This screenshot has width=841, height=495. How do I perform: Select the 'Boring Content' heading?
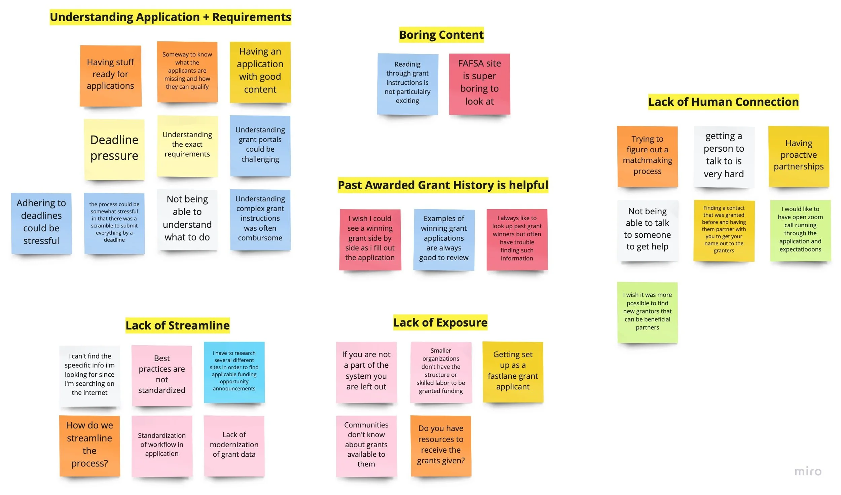(441, 35)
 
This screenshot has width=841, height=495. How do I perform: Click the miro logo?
(808, 471)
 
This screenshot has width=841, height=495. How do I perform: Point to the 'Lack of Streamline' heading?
(177, 326)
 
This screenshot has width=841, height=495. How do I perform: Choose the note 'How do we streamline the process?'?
(89, 445)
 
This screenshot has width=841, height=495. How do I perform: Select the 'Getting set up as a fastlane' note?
(513, 371)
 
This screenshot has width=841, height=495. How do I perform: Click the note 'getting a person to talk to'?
(724, 156)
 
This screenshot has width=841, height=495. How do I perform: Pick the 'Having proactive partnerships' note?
(799, 155)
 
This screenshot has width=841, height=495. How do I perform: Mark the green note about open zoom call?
(800, 230)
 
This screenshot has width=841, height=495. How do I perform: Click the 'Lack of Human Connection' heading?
(723, 102)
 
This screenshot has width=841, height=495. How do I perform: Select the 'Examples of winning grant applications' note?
(444, 239)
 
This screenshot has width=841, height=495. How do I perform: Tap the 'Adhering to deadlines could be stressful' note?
(41, 223)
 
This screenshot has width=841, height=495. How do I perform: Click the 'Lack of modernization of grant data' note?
(234, 445)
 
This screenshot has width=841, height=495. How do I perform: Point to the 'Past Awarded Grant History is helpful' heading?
(443, 185)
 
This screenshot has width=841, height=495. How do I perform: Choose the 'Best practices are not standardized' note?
(162, 375)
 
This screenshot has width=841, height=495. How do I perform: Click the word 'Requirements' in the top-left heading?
(252, 17)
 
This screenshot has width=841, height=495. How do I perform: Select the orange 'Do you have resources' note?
(441, 445)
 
